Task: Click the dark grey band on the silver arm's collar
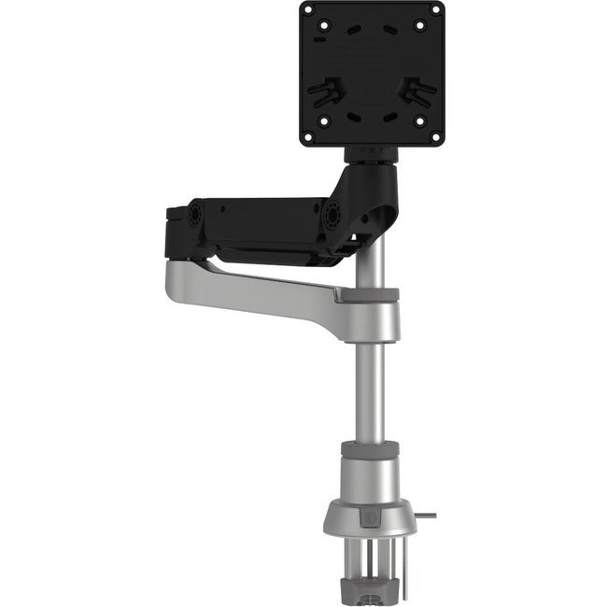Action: [x=370, y=295]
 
